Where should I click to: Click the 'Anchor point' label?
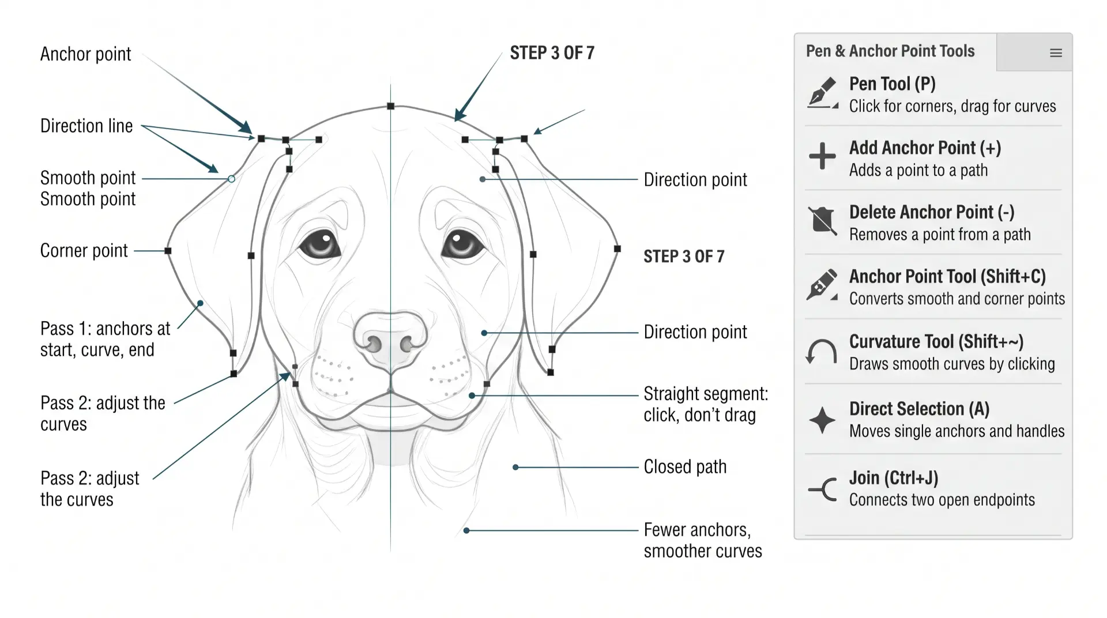(x=86, y=54)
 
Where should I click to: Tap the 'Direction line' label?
(x=86, y=126)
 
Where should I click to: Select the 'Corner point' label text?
(x=84, y=251)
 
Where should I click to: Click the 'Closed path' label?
(x=685, y=467)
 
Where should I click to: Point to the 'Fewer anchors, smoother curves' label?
(x=703, y=541)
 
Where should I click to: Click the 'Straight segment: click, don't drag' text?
(x=706, y=405)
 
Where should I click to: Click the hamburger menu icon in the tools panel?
(x=1056, y=53)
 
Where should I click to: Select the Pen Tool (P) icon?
(x=822, y=93)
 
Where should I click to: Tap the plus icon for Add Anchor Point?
(x=822, y=156)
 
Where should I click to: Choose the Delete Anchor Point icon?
(x=822, y=221)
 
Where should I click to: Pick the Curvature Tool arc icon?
(x=821, y=351)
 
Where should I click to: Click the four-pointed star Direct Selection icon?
(x=822, y=420)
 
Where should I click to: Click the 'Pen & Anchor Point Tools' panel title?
(x=890, y=51)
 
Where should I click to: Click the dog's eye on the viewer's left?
(x=319, y=244)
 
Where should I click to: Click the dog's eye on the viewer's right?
(x=463, y=244)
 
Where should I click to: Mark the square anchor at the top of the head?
(x=390, y=106)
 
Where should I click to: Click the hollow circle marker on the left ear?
(x=231, y=179)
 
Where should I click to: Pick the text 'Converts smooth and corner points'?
(x=957, y=299)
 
